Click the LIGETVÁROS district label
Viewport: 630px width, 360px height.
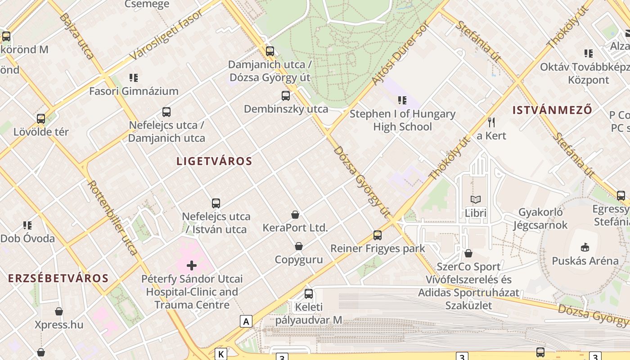pyautogui.click(x=214, y=161)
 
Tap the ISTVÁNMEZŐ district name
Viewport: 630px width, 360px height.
pyautogui.click(x=552, y=110)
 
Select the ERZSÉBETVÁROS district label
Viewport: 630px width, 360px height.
pyautogui.click(x=58, y=278)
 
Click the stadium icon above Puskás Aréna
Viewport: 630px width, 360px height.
pyautogui.click(x=585, y=247)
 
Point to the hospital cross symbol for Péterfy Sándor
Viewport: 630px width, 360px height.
pyautogui.click(x=192, y=265)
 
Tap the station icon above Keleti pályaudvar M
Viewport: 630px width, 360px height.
pyautogui.click(x=309, y=294)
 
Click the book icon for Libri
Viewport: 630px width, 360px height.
pyautogui.click(x=476, y=199)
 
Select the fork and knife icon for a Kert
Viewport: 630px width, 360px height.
pyautogui.click(x=491, y=122)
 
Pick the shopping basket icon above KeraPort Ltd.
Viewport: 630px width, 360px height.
pyautogui.click(x=295, y=215)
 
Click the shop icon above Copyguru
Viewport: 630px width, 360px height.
pyautogui.click(x=298, y=246)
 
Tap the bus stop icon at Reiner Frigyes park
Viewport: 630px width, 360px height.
pyautogui.click(x=378, y=235)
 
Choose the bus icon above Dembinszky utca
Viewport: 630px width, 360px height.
pyautogui.click(x=286, y=95)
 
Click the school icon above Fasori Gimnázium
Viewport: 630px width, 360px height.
pyautogui.click(x=133, y=78)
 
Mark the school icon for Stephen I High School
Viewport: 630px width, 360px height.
pyautogui.click(x=402, y=100)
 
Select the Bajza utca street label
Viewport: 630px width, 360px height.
pyautogui.click(x=76, y=36)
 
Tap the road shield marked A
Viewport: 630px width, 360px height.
pyautogui.click(x=246, y=321)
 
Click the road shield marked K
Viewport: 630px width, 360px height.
pyautogui.click(x=221, y=354)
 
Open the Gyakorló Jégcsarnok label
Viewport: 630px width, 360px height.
pyautogui.click(x=540, y=218)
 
